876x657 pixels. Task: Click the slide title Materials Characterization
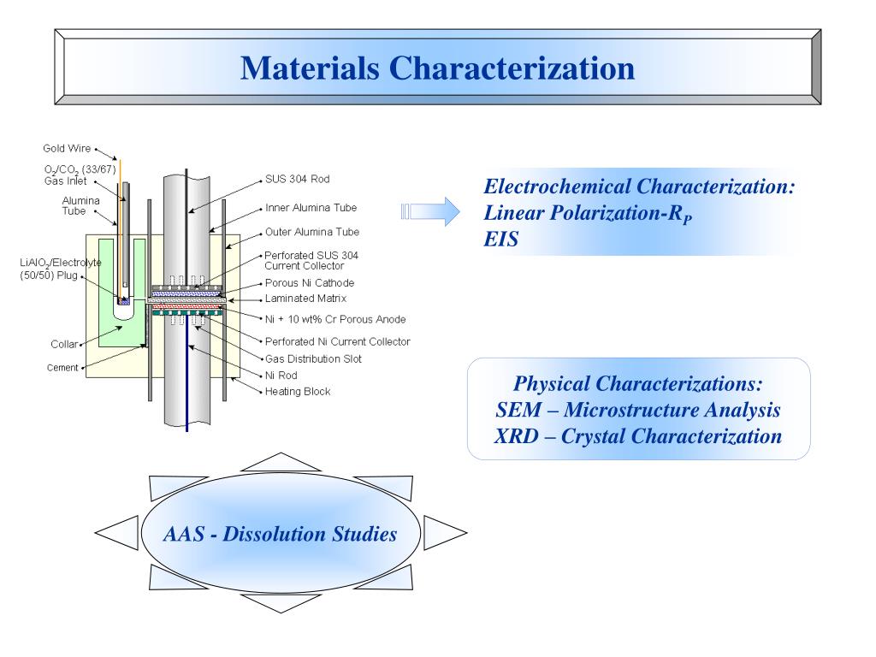(437, 68)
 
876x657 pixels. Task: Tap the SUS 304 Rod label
(297, 180)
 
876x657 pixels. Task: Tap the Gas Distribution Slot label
(314, 358)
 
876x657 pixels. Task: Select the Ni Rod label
(283, 375)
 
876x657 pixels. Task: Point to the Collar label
(63, 344)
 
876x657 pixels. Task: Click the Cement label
(62, 368)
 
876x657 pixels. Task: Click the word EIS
(500, 240)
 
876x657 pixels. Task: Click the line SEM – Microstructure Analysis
(638, 410)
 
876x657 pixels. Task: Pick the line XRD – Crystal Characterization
(638, 436)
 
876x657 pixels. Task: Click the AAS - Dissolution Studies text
(280, 535)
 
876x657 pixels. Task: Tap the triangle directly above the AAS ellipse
(281, 462)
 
